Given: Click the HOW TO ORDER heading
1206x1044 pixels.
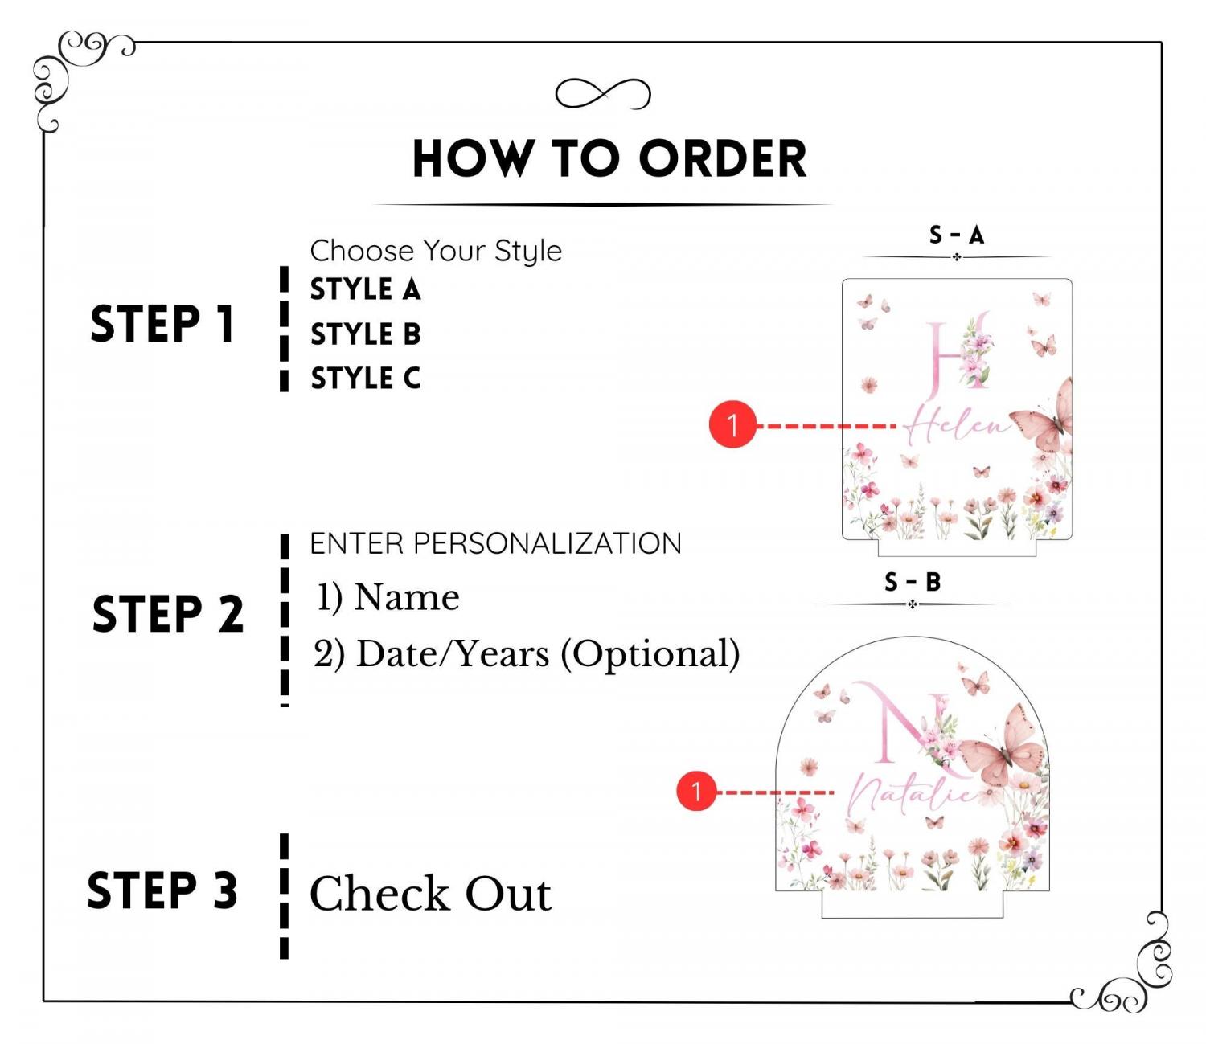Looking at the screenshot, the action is (x=609, y=158).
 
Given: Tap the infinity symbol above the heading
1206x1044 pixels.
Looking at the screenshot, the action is (x=603, y=93).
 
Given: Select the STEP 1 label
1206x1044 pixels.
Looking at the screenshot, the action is (x=162, y=324).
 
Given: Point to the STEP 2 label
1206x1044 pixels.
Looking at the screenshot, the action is (x=167, y=613).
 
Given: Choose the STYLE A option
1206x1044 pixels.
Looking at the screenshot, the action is (x=365, y=289).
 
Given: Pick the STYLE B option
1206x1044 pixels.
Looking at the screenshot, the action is (x=365, y=334).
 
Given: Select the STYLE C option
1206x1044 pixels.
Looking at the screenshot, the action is (x=365, y=378).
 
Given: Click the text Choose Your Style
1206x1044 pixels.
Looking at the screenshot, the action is (x=436, y=252).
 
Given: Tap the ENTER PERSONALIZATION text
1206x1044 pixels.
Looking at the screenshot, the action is (x=495, y=543).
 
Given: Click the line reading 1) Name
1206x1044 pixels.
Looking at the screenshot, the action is (x=388, y=596).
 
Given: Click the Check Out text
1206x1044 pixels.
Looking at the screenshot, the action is (x=430, y=894).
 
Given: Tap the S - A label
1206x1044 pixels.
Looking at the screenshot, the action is (x=957, y=235).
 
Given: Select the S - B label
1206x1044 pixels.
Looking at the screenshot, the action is (x=913, y=582).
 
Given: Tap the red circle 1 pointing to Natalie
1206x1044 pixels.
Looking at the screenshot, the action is (x=696, y=792).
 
